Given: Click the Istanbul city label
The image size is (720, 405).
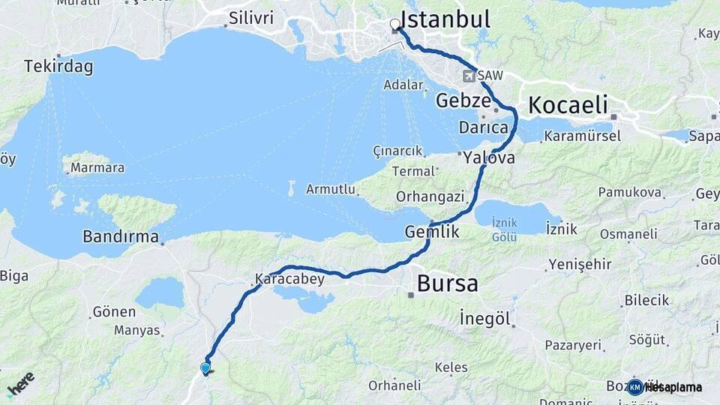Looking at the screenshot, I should (445, 19).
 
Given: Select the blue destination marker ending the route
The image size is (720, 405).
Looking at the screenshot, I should (205, 367).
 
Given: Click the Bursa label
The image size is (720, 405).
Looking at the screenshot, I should (447, 284).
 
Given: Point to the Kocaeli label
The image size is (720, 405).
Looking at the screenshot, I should (568, 106).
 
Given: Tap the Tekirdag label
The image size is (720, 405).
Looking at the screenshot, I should (58, 67).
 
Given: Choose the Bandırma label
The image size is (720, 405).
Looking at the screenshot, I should (121, 237).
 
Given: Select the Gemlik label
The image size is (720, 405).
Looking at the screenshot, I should (432, 232).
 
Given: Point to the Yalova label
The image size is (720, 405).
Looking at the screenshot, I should (489, 157).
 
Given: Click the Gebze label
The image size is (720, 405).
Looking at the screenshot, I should (463, 100).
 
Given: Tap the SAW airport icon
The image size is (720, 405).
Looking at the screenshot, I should (469, 76).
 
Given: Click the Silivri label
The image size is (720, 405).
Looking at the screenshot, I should (251, 18).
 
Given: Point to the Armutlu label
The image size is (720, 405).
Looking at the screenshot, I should (330, 189).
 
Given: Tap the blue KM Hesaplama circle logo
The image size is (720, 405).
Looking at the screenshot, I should (635, 387).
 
